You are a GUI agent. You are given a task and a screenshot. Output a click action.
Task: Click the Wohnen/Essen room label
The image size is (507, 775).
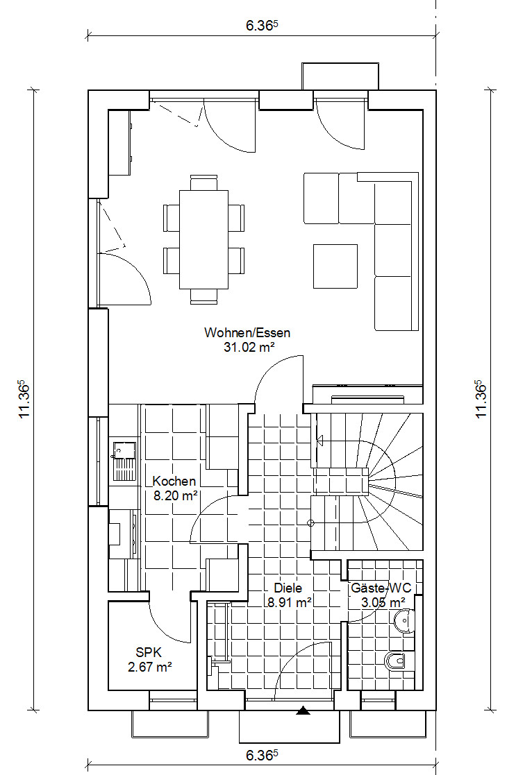tap(247, 332)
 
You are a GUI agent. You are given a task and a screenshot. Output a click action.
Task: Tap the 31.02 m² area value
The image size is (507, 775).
tap(249, 347)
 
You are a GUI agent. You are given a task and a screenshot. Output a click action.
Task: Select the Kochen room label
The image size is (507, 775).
tap(174, 481)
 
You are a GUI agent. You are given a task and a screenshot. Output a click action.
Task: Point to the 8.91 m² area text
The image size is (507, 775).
tap(290, 602)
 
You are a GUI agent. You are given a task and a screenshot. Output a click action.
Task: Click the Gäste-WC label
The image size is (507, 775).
tap(381, 588)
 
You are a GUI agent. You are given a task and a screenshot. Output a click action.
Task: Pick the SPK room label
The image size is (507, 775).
tap(149, 653)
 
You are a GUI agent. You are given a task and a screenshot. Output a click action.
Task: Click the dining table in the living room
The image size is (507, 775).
tap(203, 239)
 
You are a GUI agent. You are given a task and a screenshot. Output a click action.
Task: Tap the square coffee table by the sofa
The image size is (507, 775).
tap(335, 266)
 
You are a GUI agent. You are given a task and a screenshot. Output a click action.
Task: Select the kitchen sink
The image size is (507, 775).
tap(124, 461)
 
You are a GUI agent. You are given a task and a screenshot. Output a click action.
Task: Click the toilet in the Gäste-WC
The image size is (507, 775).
tap(395, 661)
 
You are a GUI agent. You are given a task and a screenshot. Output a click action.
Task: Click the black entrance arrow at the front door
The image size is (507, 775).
tap(303, 710)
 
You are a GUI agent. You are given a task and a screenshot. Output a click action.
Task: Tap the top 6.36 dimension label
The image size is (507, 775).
tap(262, 26)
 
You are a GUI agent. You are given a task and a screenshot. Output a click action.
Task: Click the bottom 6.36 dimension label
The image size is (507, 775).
tap(262, 756)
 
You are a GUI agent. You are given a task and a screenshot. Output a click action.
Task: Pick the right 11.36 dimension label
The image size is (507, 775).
tap(481, 400)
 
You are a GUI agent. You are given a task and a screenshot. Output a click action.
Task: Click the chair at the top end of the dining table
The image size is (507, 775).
tap(203, 182)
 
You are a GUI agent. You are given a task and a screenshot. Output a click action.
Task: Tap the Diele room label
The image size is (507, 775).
tap(288, 588)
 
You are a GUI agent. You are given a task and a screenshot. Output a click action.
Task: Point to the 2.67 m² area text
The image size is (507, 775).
tap(150, 667)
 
